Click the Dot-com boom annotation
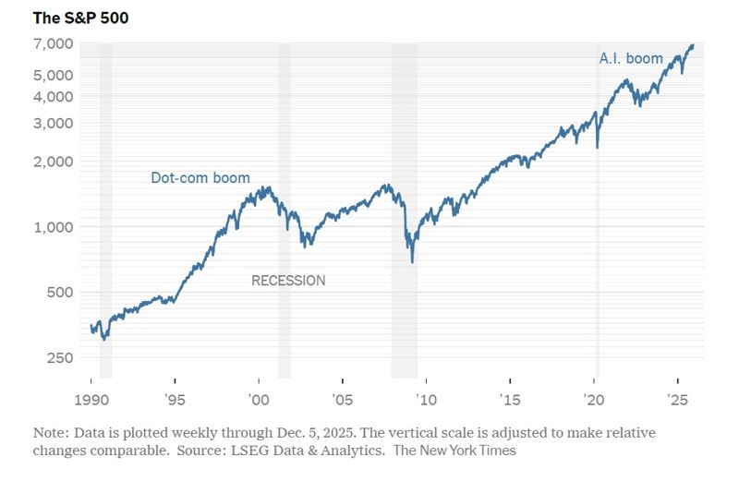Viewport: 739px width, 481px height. [x=200, y=177]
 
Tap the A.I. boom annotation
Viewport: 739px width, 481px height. [x=631, y=59]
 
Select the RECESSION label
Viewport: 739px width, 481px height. [x=288, y=281]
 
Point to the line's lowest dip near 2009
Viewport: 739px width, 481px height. [x=412, y=262]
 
